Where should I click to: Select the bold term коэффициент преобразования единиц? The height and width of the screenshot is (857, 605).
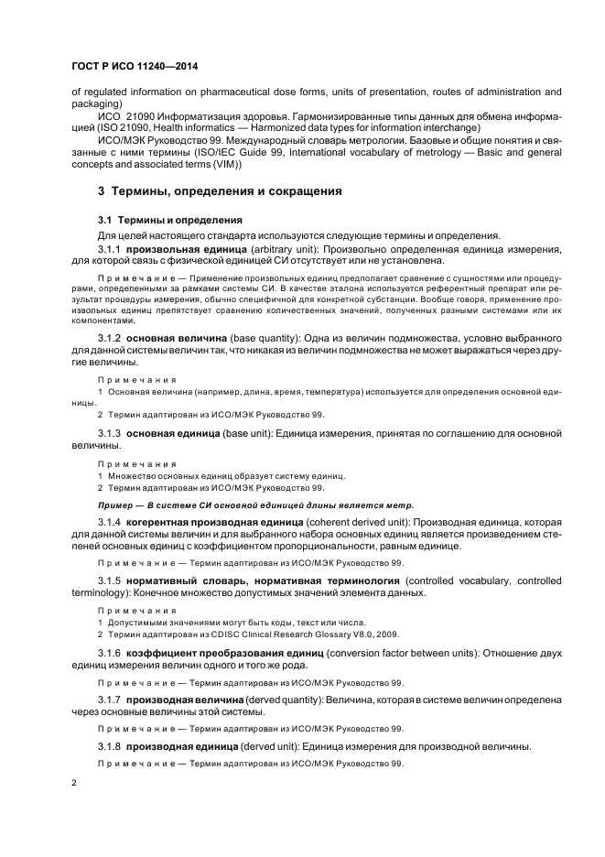tap(239, 652)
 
